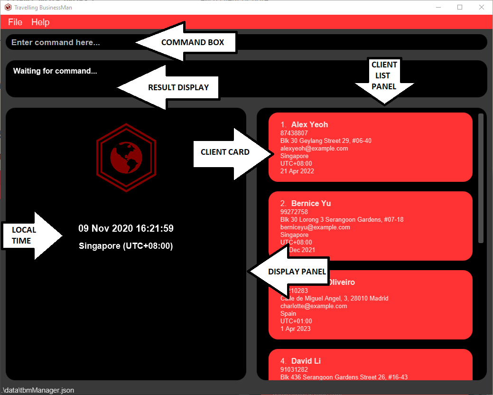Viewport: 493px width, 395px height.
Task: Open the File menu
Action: (15, 22)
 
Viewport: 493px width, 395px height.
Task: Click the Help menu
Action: (40, 22)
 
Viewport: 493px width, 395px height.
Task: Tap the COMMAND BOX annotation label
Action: (193, 42)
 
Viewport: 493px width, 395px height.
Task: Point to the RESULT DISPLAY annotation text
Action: (178, 87)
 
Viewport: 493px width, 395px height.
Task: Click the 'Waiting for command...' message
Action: (55, 71)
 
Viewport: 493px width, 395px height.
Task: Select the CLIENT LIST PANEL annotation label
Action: (384, 75)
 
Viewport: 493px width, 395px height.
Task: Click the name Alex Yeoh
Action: (309, 124)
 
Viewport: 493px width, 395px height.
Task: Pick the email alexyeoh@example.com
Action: (314, 149)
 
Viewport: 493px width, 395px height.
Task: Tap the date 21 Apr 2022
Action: (297, 171)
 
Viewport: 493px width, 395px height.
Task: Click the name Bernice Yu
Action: (311, 203)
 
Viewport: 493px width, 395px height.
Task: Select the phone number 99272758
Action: (294, 212)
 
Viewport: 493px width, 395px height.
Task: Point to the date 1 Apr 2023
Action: (296, 329)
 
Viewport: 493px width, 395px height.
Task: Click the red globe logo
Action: (126, 158)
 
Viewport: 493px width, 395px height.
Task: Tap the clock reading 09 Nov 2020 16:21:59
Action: (126, 228)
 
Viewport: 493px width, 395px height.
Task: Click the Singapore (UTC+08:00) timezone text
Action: (126, 246)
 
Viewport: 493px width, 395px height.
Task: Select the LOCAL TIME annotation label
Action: (24, 235)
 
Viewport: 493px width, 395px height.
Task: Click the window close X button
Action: (481, 7)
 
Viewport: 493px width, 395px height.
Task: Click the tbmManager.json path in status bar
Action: (38, 390)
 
